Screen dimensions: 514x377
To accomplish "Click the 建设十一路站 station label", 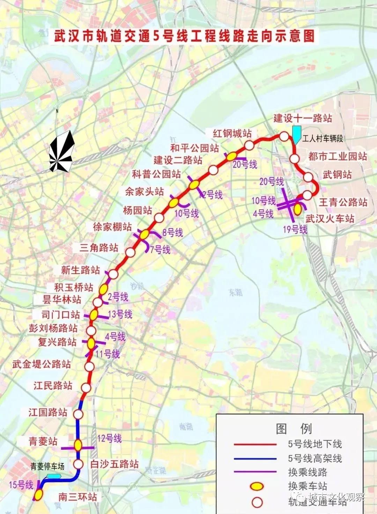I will click(303, 118).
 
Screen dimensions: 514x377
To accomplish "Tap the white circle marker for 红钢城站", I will click(249, 145).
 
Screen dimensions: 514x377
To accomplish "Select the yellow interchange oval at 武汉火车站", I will click(298, 209).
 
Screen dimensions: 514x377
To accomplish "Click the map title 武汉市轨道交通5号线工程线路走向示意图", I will click(184, 36).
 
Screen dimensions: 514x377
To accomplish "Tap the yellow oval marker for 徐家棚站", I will click(144, 234).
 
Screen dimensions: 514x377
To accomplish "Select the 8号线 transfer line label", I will click(172, 232).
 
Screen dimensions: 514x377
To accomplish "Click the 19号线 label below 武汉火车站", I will click(295, 229).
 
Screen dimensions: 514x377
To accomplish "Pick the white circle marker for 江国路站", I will click(79, 414).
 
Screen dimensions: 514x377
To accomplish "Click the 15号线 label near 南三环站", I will click(21, 485).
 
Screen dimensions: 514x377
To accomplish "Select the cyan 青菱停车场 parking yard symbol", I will click(54, 476).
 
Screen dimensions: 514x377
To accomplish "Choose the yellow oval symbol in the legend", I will click(258, 486).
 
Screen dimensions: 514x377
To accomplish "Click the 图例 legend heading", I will click(294, 429).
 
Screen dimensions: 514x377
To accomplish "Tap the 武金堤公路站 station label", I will click(42, 364).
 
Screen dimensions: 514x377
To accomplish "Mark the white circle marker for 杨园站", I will click(159, 218).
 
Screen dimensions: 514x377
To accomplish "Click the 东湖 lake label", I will click(236, 292).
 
